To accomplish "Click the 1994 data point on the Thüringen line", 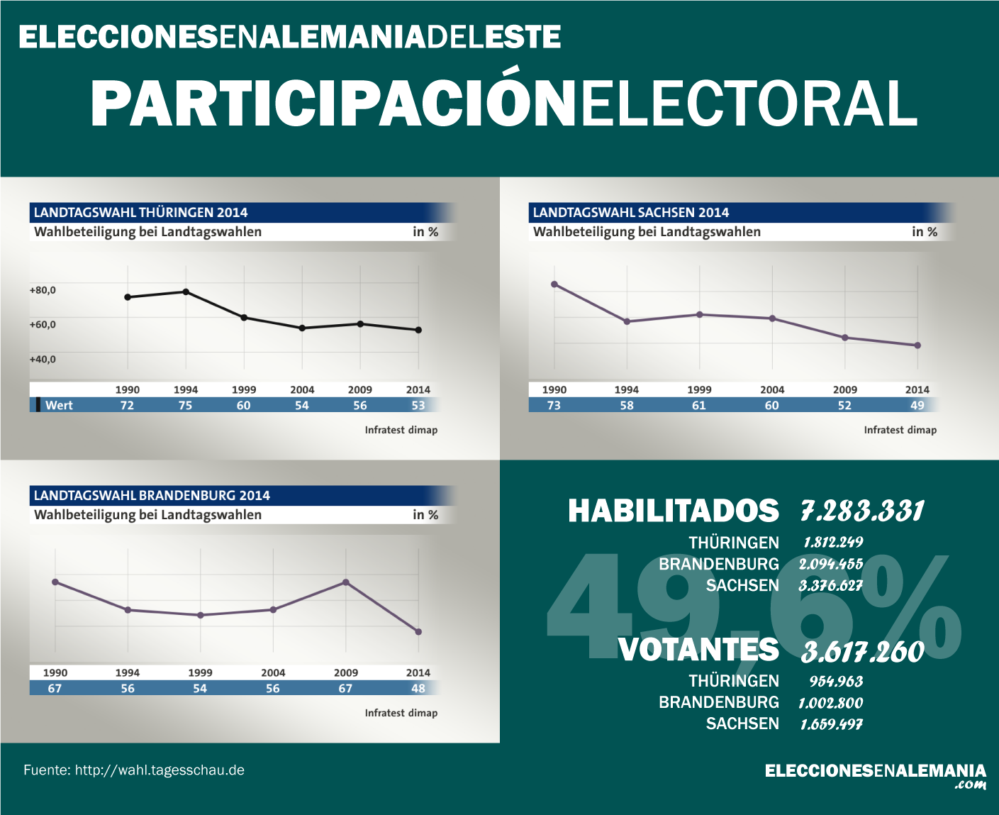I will point(186,292).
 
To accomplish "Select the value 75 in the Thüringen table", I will point(185,406).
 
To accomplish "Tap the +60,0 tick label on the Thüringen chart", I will point(43,325).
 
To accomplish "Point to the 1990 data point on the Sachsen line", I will point(554,284).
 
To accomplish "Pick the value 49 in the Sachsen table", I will point(917,406).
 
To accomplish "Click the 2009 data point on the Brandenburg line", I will point(346,582).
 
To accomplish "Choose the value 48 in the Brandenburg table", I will point(418,689).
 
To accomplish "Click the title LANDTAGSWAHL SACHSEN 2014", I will point(631,212).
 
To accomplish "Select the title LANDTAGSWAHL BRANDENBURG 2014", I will point(152,495).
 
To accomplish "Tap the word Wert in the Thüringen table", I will point(59,406).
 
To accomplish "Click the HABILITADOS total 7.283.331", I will point(862,511).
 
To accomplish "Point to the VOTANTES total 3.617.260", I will point(862,652).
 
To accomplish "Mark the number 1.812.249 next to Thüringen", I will point(833,543).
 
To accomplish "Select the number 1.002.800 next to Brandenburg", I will point(831,703).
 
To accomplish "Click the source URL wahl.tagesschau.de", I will point(160,770).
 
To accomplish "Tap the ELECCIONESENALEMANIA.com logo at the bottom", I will point(875,775).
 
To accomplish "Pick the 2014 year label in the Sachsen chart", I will point(917,389).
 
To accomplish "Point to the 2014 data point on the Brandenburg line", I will point(418,632).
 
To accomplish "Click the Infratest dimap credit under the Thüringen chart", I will point(401,430).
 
